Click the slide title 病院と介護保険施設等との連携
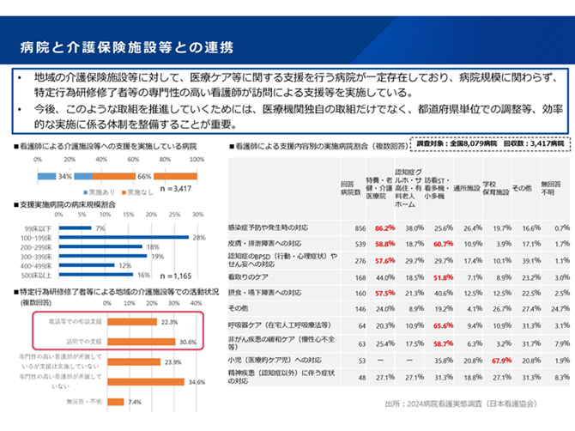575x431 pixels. pos(128,44)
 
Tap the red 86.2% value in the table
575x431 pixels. pos(384,228)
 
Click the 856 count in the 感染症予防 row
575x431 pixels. pos(360,228)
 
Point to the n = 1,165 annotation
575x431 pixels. pos(177,276)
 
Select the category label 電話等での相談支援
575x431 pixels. pos(77,322)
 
